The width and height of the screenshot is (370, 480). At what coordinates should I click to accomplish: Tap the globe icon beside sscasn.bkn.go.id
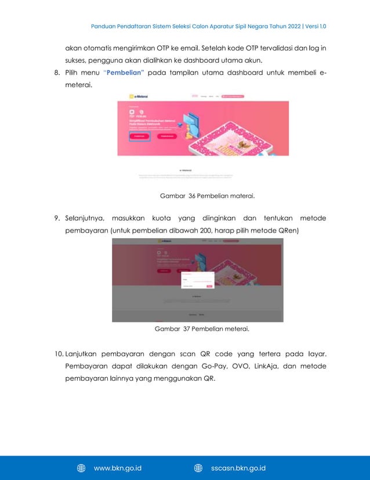198,468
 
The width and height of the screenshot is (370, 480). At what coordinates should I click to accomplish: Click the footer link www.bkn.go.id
118,468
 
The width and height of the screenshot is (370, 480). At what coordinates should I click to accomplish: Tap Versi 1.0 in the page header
317,27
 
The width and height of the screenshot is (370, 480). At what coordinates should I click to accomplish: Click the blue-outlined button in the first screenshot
139,137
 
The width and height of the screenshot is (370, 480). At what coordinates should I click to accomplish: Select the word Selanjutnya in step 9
85,218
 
